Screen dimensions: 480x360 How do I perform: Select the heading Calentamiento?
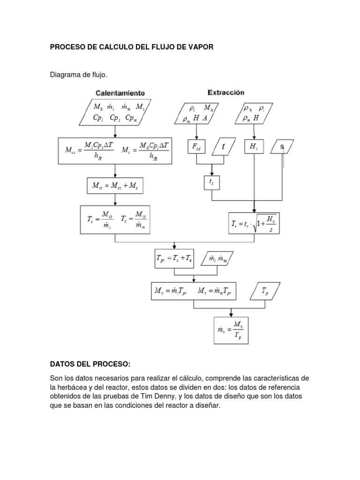[120, 92]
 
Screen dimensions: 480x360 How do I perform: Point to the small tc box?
[211, 182]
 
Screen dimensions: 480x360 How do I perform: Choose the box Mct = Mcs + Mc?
[115, 186]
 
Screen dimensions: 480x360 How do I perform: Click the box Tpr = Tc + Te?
[174, 258]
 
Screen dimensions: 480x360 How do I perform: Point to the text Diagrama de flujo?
[79, 75]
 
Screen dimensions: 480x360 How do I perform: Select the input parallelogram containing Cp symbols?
[115, 112]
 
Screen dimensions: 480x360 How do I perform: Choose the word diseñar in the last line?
[206, 406]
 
